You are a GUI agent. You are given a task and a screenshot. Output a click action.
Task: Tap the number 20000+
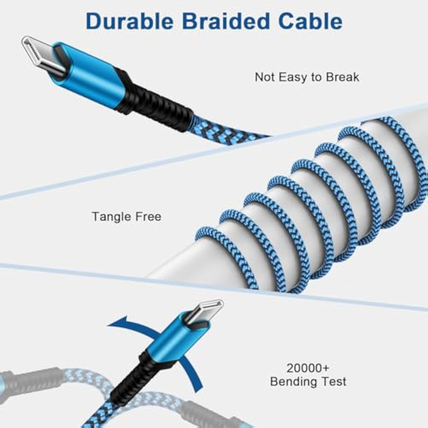coord(308,368)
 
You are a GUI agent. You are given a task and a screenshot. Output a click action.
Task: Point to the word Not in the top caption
coord(264,77)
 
